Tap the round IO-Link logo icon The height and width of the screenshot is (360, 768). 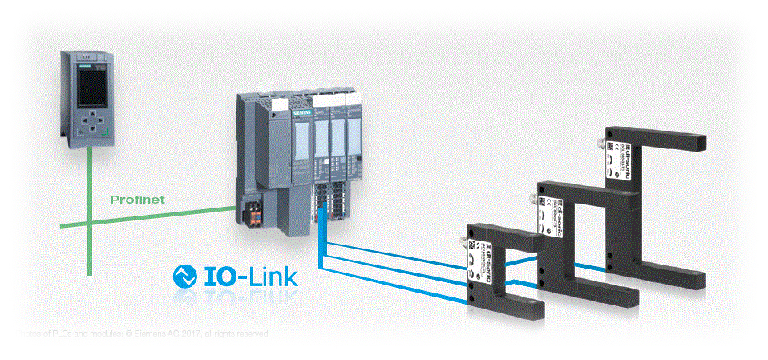[186, 277]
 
